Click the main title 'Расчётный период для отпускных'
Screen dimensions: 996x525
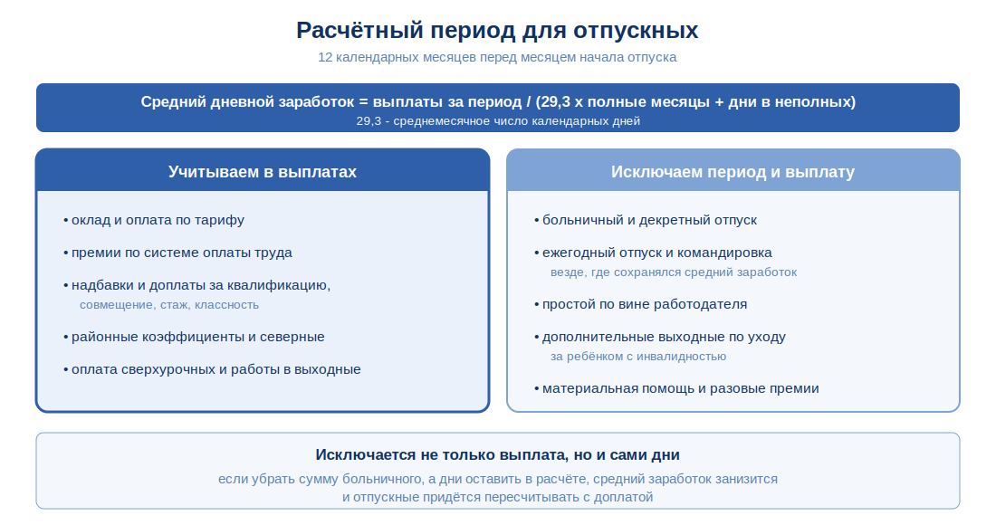coord(497,31)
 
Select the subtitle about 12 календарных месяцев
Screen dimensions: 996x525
coord(497,57)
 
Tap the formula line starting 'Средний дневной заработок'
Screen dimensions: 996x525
coord(498,101)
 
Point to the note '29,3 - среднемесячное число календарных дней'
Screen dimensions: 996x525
coord(498,121)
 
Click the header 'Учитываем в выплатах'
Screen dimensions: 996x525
coord(263,172)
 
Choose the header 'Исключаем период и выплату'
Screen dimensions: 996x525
coord(733,172)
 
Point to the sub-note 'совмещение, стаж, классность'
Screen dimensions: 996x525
coord(169,305)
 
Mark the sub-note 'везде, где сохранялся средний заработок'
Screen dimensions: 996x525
coord(674,272)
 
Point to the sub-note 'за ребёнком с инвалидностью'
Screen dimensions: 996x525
coord(637,356)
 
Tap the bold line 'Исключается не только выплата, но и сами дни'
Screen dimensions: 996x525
coord(497,455)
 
